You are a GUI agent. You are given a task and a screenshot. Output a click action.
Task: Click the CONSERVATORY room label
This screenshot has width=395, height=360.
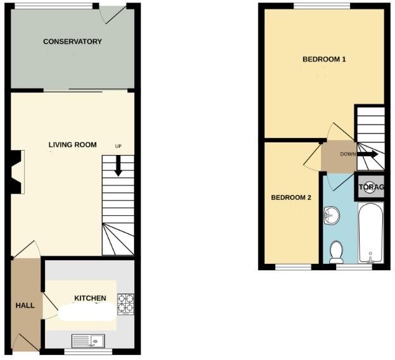tap(72, 42)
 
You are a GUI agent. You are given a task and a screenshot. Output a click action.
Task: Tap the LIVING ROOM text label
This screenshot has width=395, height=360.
tap(73, 145)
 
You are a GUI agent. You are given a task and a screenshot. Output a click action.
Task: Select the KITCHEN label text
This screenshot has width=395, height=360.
tap(91, 298)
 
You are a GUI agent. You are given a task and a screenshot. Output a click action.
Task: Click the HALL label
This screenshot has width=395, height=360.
tap(25, 306)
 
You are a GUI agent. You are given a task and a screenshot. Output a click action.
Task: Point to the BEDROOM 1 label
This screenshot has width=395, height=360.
tap(324, 59)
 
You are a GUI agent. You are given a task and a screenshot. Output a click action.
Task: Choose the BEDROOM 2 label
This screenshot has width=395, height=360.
tap(291, 197)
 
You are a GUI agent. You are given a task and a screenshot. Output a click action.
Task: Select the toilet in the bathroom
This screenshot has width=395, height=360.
tap(337, 252)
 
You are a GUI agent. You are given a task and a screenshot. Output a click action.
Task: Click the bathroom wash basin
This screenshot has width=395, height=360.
tap(331, 216)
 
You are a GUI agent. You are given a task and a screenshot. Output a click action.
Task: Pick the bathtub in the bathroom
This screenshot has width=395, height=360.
tap(370, 232)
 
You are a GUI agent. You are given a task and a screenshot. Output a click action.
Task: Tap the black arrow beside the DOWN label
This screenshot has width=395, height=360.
tap(368, 154)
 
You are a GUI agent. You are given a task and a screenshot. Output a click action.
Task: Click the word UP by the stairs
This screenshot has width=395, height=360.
tap(118, 147)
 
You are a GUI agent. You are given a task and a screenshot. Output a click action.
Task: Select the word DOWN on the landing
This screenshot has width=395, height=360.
tap(348, 154)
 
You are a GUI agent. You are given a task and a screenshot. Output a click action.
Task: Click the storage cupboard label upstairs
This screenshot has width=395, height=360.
tap(370, 187)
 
